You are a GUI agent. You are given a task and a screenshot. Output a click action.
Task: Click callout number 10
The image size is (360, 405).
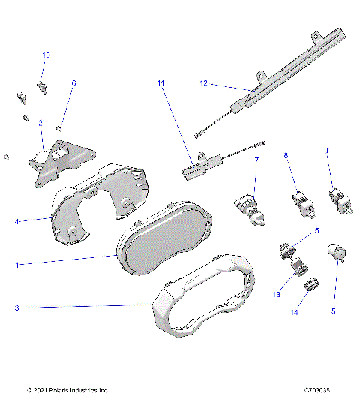coord(46,55)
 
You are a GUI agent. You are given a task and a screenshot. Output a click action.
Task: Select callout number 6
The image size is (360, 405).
coord(73,83)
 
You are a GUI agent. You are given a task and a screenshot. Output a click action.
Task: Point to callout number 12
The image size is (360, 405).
coord(203,83)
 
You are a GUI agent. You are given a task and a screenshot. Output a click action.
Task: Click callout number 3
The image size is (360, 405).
coord(17,307)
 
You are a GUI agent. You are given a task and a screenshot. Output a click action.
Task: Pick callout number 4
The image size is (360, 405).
coord(17,221)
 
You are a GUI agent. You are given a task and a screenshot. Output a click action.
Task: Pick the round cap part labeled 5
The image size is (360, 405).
coord(335,254)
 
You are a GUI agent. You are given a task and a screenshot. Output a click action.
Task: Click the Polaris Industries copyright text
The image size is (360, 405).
coord(67,391)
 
